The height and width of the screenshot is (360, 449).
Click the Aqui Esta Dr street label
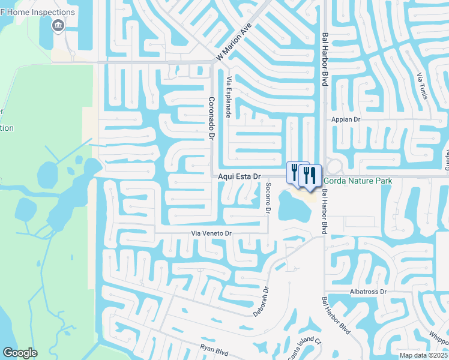coord(239,176)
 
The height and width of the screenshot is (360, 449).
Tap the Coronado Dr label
coord(211,119)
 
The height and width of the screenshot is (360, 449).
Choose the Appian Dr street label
coord(345,119)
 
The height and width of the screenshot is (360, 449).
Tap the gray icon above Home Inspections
coord(58,25)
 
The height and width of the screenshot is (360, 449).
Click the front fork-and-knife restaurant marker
coord(310,176)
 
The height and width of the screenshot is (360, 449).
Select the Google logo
coord(20,353)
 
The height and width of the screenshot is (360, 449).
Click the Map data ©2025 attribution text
coord(423,355)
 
